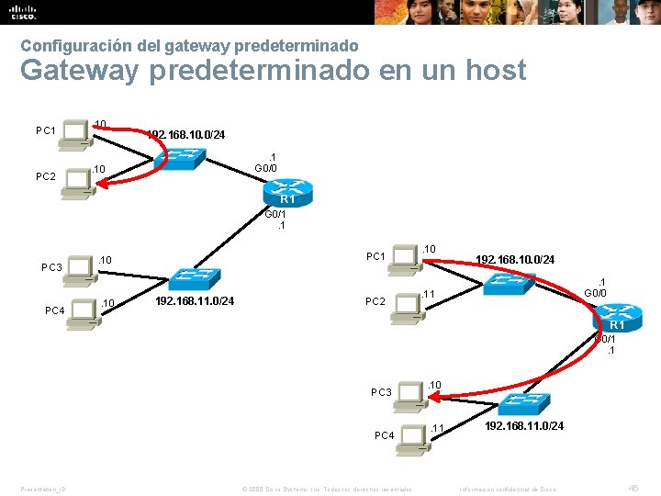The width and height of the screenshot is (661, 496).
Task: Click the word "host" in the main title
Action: (493, 70)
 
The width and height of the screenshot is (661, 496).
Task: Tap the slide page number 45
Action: (633, 487)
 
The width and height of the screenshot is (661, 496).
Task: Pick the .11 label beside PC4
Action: (437, 428)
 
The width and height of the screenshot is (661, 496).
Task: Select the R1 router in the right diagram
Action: (617, 321)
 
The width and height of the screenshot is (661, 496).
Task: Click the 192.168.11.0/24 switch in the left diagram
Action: (194, 277)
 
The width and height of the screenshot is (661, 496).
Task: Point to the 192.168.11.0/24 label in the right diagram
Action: (524, 426)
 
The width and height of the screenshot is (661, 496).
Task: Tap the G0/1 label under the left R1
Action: (275, 214)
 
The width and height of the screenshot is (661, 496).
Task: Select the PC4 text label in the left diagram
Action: (54, 310)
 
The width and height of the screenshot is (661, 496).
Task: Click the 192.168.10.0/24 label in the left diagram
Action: (186, 135)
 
